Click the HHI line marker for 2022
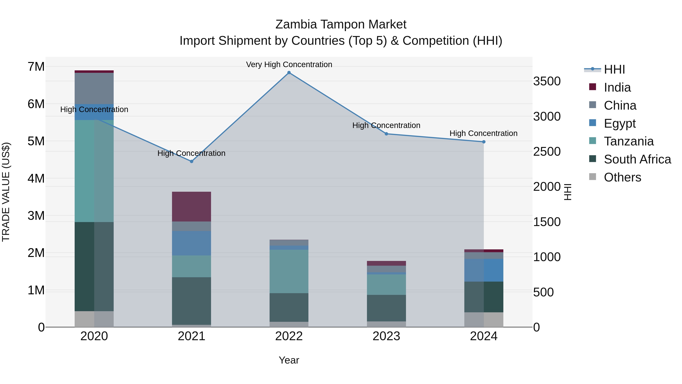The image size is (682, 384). tap(289, 73)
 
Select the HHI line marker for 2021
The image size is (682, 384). tap(191, 161)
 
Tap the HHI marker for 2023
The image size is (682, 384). tap(386, 134)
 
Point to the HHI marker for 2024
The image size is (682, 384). tap(484, 142)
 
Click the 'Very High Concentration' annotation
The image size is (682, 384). tap(289, 64)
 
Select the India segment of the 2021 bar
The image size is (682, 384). tap(191, 207)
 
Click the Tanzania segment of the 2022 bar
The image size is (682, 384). tap(289, 271)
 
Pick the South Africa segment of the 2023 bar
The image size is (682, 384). tap(386, 308)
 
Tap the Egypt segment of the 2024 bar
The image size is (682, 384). tap(484, 270)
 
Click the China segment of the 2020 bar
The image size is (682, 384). tap(94, 88)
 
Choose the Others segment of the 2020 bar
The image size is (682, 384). tap(94, 319)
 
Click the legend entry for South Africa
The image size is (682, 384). tap(637, 159)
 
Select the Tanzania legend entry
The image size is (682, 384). tap(629, 141)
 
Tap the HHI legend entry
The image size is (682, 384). tap(614, 69)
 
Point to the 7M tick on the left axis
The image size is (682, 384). tap(36, 67)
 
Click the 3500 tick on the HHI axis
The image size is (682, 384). tap(547, 81)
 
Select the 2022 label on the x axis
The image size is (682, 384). tap(289, 336)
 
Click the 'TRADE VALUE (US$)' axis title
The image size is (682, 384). tap(6, 192)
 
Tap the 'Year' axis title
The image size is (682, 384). tap(289, 360)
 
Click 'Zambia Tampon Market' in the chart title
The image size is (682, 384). tap(341, 24)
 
